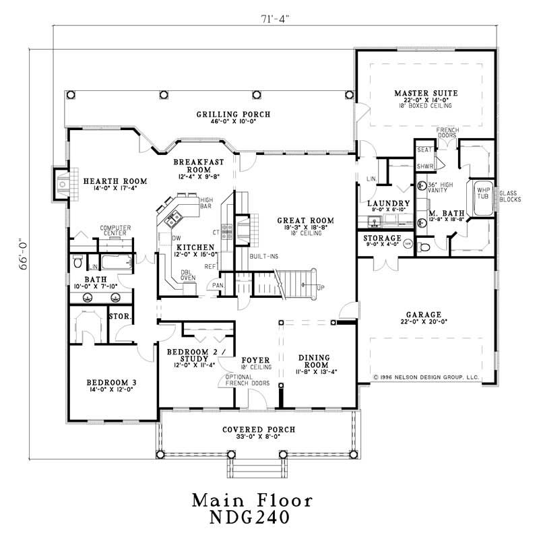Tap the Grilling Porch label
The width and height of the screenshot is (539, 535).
(x=224, y=115)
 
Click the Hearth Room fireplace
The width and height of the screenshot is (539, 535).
(x=61, y=184)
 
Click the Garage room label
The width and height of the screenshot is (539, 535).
(x=424, y=315)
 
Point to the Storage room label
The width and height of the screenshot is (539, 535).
(x=383, y=238)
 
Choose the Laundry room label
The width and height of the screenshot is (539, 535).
(x=388, y=203)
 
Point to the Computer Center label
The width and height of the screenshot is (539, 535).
(x=115, y=230)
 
